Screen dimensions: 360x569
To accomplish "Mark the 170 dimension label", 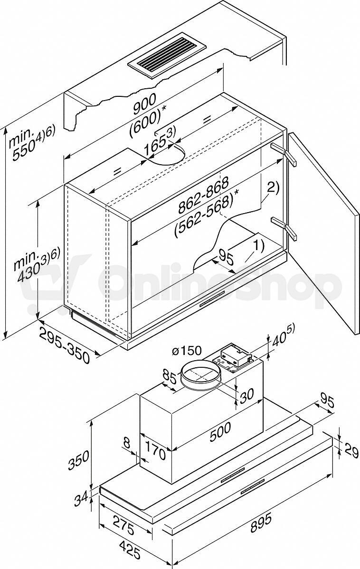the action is pos(156,449).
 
